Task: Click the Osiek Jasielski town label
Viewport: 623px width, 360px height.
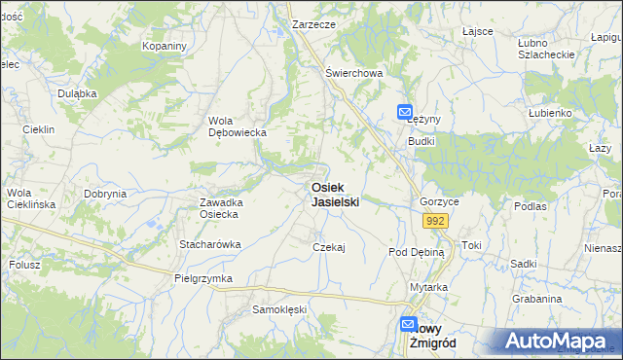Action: pos(335,195)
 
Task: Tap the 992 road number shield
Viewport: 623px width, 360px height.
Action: pos(435,222)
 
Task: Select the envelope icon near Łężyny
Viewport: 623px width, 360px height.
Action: pos(405,112)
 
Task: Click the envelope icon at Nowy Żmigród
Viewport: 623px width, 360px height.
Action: pos(409,326)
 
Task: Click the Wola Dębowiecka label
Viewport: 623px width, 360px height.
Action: pos(231,126)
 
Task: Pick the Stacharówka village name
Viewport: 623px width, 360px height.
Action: pos(209,244)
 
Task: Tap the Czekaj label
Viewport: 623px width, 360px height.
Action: pos(329,247)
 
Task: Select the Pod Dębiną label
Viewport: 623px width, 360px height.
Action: pos(416,252)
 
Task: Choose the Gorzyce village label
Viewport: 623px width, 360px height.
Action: pos(439,201)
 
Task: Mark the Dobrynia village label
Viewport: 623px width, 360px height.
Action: pos(105,194)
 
